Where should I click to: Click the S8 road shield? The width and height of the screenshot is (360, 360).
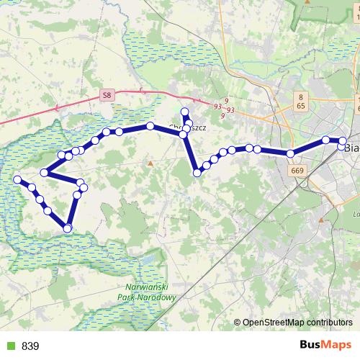[x=107, y=94]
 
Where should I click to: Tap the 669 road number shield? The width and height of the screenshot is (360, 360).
[x=297, y=170]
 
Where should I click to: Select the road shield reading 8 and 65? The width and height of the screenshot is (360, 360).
[x=301, y=100]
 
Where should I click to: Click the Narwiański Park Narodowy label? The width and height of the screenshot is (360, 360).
[x=146, y=292]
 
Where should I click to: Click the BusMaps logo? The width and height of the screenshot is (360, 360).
[x=327, y=346]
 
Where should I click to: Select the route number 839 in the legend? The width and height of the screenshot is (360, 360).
[x=30, y=346]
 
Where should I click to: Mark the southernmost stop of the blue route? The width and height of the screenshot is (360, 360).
[x=68, y=228]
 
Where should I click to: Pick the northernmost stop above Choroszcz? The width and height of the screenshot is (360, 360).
[x=185, y=112]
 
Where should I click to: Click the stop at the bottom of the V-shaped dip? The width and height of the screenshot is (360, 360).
[x=197, y=172]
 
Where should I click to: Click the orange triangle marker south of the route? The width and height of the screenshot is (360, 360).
[x=150, y=163]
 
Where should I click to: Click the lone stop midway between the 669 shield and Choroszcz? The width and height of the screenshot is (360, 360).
[x=248, y=148]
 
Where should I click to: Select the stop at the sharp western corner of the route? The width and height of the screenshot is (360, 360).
[x=45, y=172]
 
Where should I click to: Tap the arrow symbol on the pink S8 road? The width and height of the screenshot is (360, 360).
[x=141, y=91]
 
